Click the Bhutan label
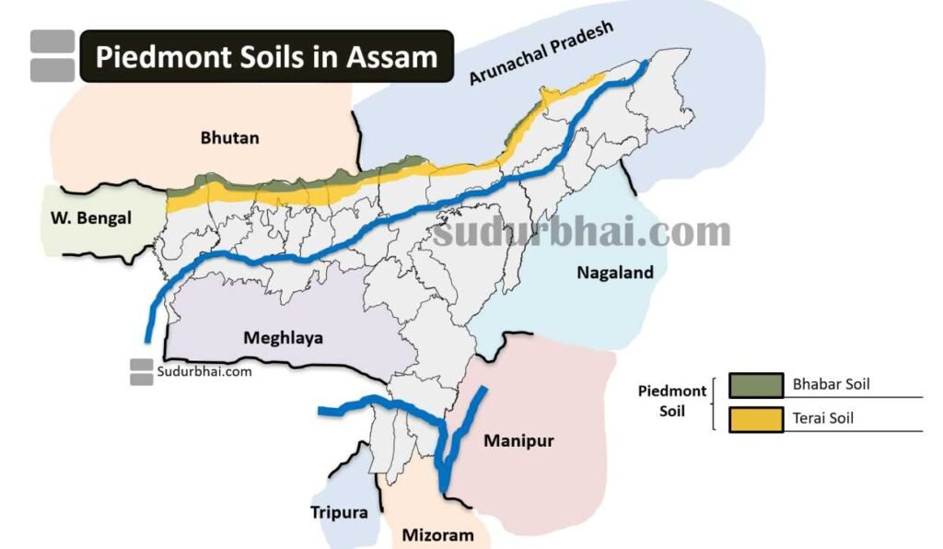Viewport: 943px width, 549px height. (229, 138)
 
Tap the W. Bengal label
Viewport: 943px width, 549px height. (89, 218)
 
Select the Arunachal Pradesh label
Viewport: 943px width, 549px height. (541, 53)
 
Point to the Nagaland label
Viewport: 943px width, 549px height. (614, 273)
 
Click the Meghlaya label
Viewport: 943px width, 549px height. (283, 338)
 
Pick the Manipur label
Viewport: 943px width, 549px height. (518, 441)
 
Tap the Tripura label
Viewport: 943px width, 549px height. (339, 513)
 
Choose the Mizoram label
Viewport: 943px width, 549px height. (437, 535)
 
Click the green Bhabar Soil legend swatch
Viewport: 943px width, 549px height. (755, 385)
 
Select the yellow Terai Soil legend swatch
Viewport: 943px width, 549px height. (755, 418)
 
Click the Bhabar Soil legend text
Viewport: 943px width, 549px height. (831, 384)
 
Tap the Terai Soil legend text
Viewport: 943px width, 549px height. (822, 418)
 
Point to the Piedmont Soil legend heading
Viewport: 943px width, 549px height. (672, 401)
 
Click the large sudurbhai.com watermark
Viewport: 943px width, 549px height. (582, 231)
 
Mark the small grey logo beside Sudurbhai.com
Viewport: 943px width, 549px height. (141, 372)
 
